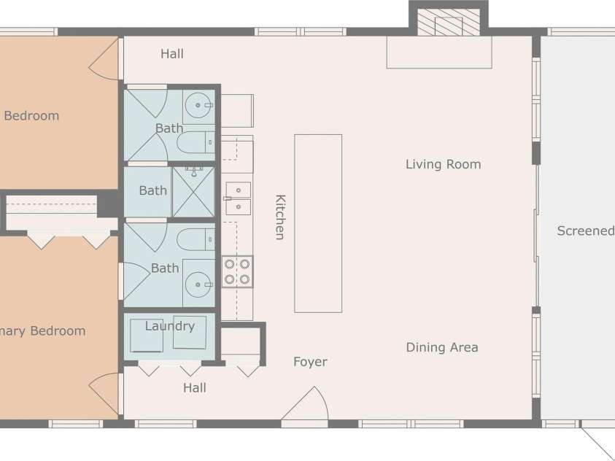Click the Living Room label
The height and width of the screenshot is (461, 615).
pyautogui.click(x=443, y=164)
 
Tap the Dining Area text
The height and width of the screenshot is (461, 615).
pyautogui.click(x=442, y=347)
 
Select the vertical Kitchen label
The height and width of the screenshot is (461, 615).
pyautogui.click(x=279, y=217)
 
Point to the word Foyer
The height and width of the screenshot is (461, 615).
pyautogui.click(x=310, y=362)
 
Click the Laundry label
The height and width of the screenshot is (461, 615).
pyautogui.click(x=169, y=326)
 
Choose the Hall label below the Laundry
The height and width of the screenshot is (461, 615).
pyautogui.click(x=195, y=388)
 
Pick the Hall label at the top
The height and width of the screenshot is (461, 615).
pyautogui.click(x=172, y=54)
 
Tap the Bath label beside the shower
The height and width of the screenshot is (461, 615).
pyautogui.click(x=152, y=190)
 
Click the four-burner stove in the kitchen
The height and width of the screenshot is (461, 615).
pyautogui.click(x=237, y=271)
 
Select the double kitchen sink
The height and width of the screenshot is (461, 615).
pyautogui.click(x=237, y=198)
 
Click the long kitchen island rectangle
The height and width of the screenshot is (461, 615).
pyautogui.click(x=318, y=223)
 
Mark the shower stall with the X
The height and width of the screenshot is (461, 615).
pyautogui.click(x=194, y=192)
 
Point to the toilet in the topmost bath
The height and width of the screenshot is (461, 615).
pyautogui.click(x=195, y=142)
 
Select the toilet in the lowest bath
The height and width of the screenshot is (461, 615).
pyautogui.click(x=195, y=239)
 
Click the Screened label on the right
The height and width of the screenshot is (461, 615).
pyautogui.click(x=585, y=231)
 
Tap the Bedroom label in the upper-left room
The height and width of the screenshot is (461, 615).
pyautogui.click(x=31, y=115)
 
